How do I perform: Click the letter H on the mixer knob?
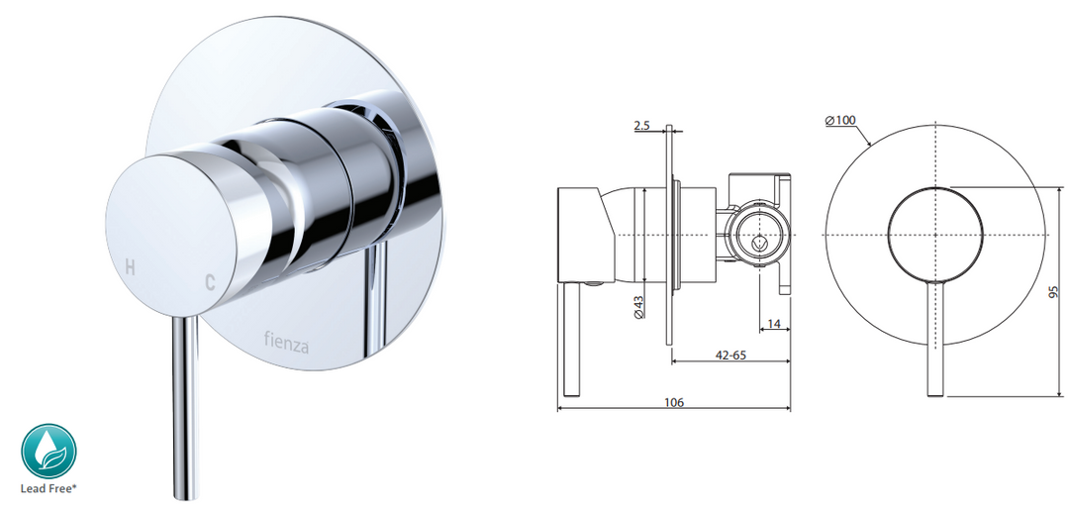128,265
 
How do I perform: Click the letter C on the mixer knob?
210,282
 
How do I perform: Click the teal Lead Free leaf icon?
49,452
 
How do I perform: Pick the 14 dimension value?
775,323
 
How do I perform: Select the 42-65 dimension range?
732,355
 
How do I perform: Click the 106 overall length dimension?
675,402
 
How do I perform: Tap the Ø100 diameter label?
841,121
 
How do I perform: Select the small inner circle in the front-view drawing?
934,233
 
